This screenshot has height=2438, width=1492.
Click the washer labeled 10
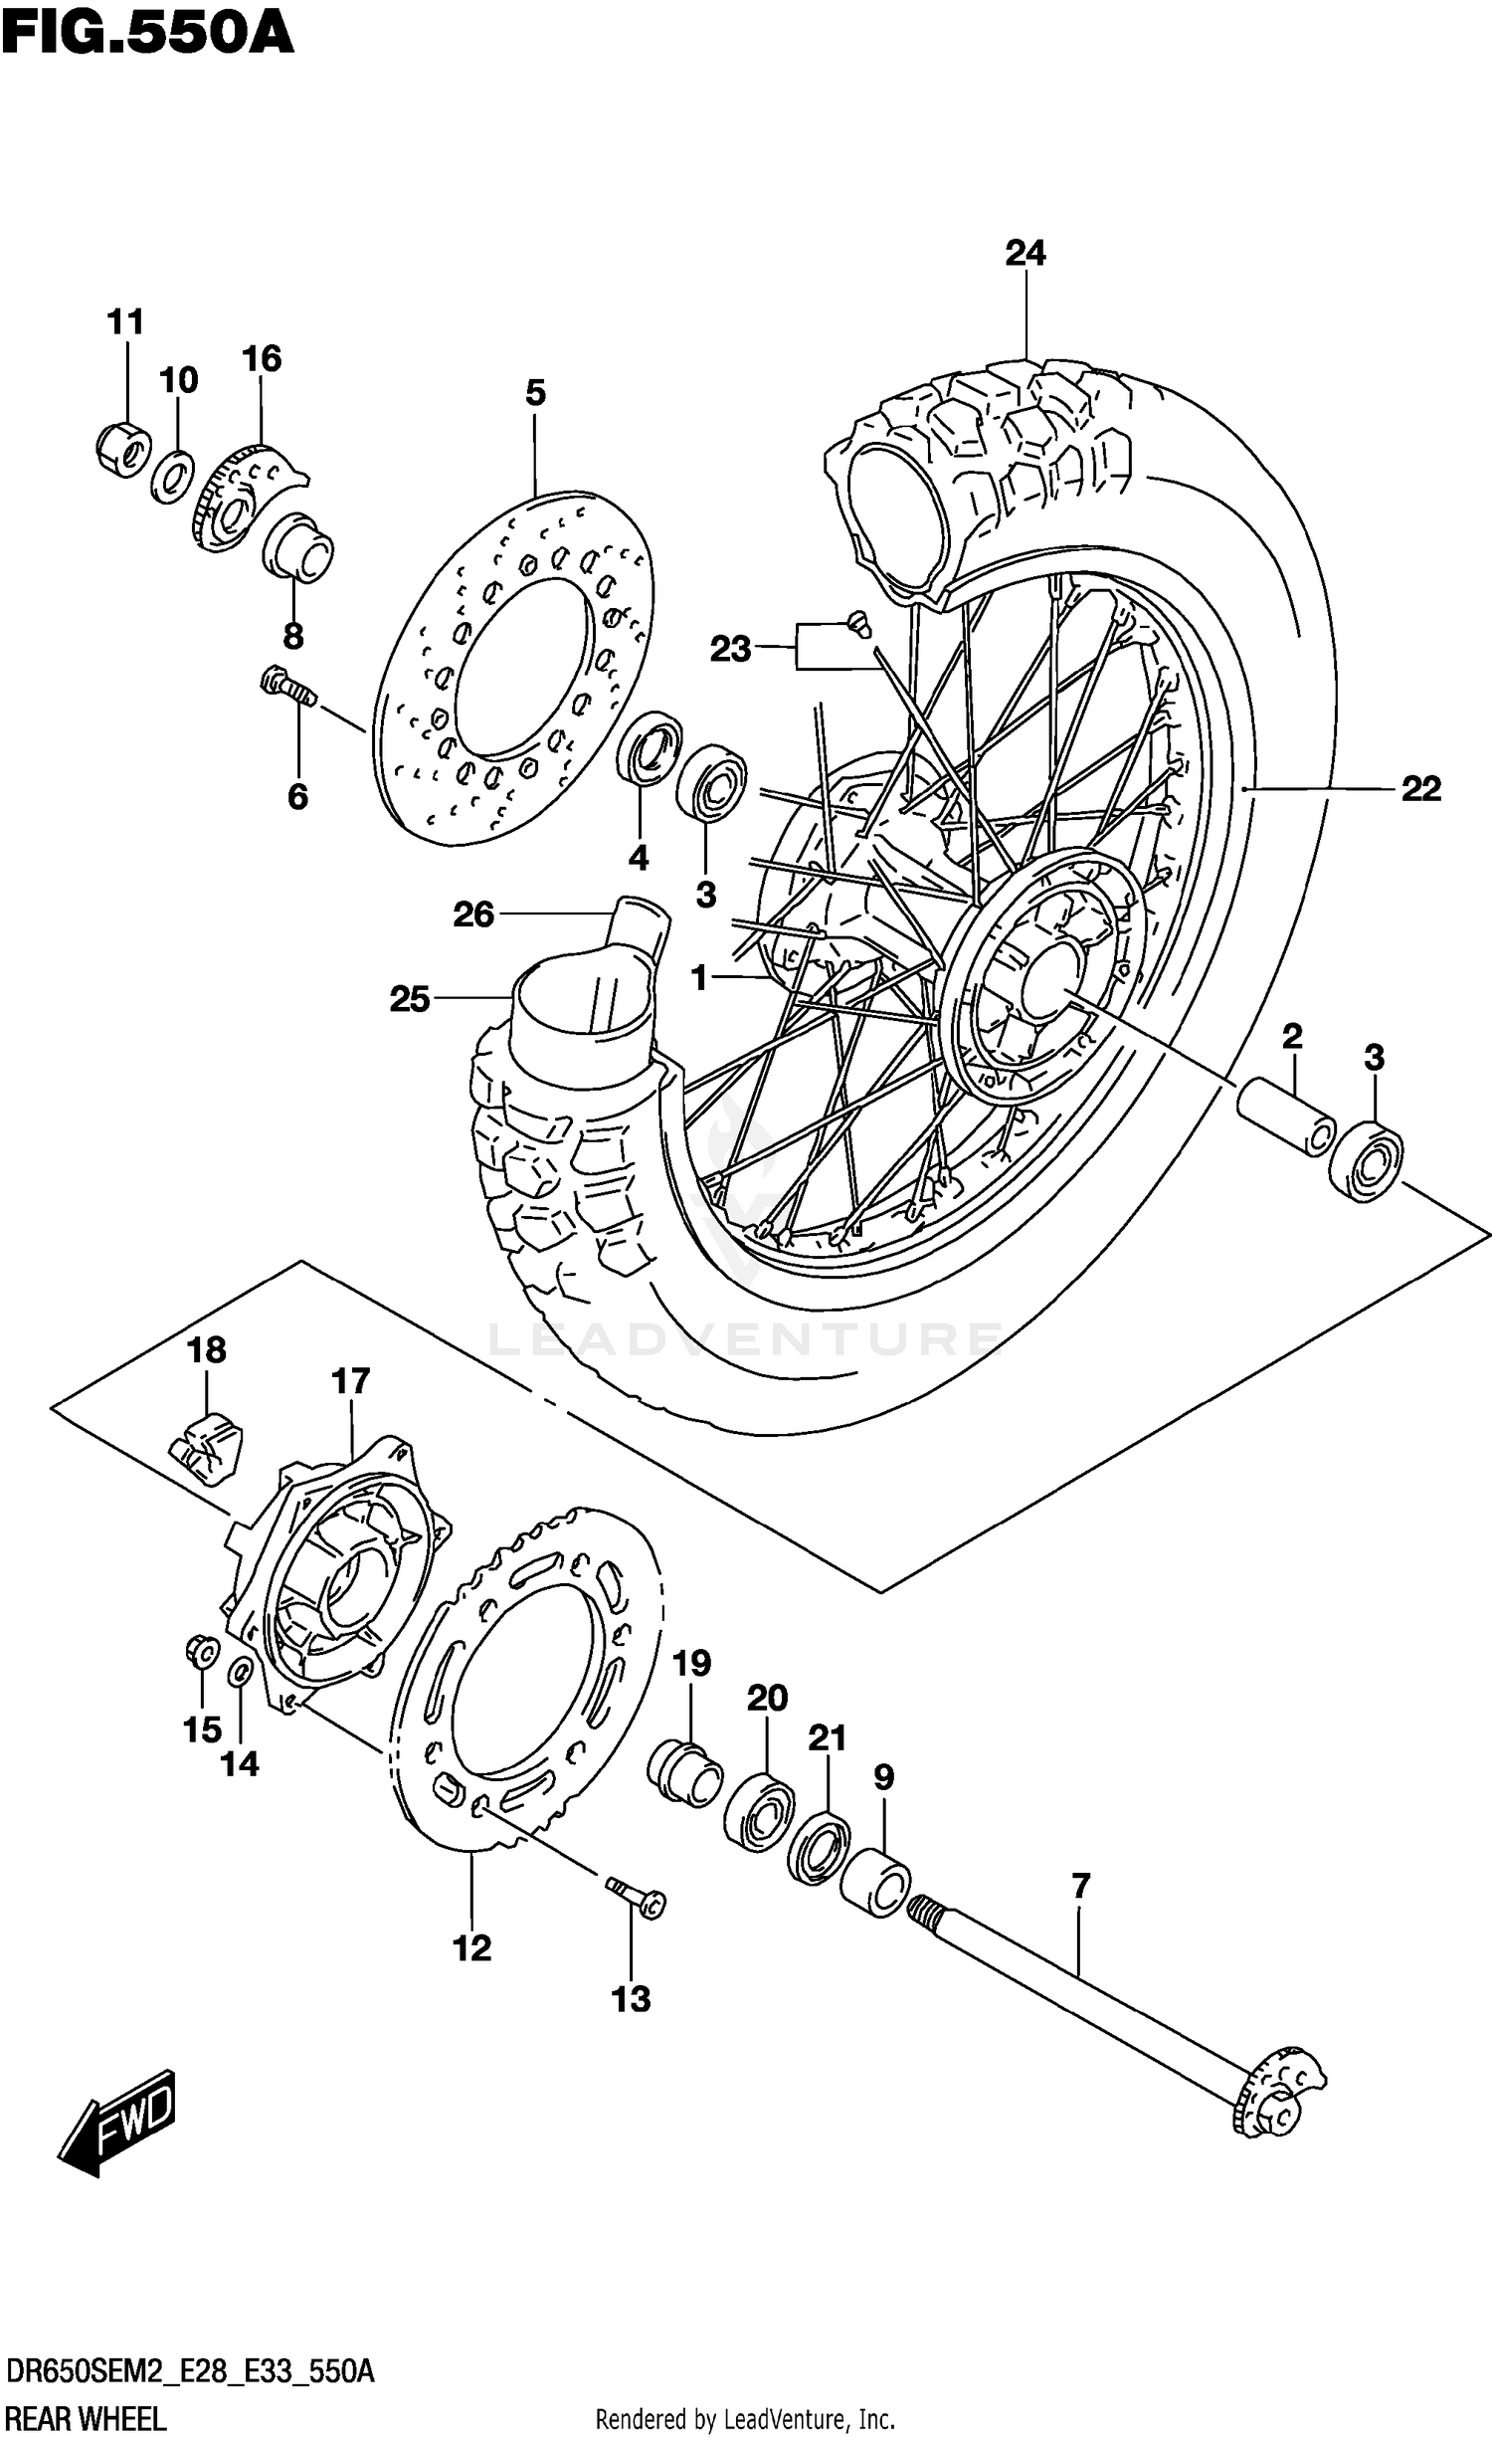174,476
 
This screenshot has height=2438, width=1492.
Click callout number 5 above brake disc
535,393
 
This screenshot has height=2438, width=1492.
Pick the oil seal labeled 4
650,747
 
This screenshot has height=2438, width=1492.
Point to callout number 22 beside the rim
1421,789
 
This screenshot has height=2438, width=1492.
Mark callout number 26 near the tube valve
473,914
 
